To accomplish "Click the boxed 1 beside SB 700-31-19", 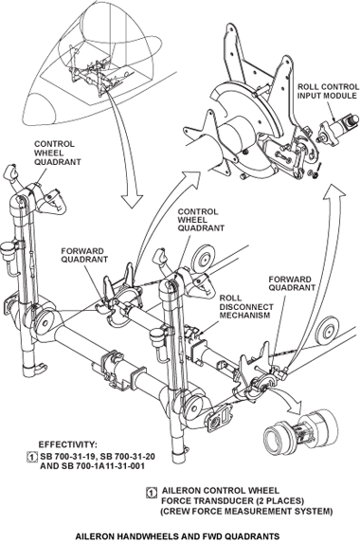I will pos(32,457).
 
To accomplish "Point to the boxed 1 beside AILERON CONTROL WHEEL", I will pos(151,492).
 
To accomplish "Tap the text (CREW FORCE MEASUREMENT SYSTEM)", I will pos(247,511).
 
